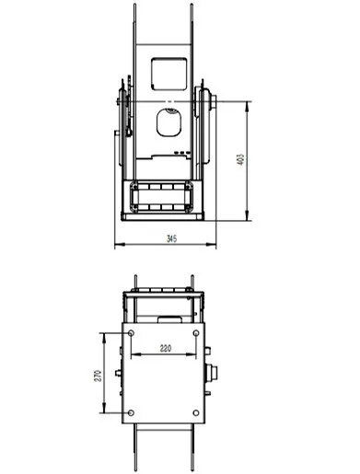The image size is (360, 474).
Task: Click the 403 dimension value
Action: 241,159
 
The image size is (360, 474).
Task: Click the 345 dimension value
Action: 172,238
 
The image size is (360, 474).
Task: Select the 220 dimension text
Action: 166,348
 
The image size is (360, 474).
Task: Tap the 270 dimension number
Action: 98,376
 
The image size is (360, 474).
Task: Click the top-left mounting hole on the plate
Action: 131,333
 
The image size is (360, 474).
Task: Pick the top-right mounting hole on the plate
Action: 196,333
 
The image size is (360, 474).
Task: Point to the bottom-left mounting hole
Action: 131,413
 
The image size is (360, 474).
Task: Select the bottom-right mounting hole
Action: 196,413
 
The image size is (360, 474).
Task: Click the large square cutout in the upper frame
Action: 168,74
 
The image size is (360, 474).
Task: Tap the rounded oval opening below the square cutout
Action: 168,122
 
